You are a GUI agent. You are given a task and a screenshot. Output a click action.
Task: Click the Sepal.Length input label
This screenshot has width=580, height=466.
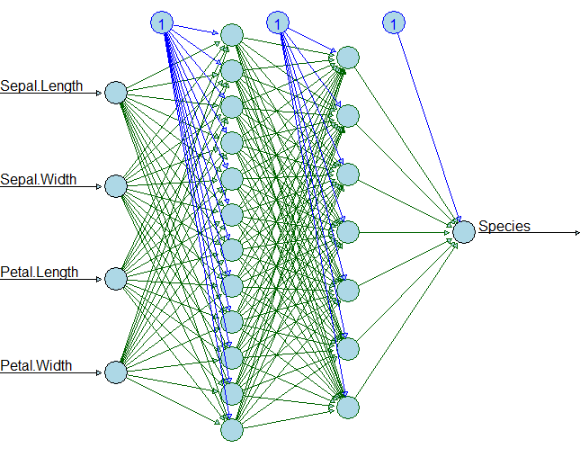click(x=41, y=86)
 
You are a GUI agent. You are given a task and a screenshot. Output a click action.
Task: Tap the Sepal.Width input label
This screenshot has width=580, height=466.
click(x=38, y=180)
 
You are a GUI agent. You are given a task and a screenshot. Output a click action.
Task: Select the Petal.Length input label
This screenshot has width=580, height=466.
click(x=40, y=273)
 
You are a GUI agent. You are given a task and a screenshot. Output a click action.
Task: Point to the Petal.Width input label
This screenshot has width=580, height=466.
click(x=36, y=366)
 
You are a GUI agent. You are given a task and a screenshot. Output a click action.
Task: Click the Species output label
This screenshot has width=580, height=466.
click(x=504, y=226)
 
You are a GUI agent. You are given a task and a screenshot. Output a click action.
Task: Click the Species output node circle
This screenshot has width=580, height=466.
click(x=463, y=232)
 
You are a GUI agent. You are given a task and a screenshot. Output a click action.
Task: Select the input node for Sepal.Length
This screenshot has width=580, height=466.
click(x=115, y=93)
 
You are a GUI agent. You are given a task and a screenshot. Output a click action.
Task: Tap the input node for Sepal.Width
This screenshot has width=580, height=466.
click(x=115, y=186)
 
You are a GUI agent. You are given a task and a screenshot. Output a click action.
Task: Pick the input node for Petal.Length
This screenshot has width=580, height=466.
click(x=115, y=279)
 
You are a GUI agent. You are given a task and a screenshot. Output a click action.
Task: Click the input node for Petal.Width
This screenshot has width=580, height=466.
click(x=115, y=372)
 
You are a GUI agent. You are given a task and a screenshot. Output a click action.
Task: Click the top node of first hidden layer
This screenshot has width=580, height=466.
click(x=232, y=35)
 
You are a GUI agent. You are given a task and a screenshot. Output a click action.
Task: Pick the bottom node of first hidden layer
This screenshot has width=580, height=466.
click(x=232, y=429)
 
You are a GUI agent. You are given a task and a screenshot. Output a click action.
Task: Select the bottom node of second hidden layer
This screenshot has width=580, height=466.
click(x=348, y=407)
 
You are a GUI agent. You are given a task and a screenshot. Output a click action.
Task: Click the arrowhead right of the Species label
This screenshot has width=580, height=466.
click(x=576, y=233)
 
